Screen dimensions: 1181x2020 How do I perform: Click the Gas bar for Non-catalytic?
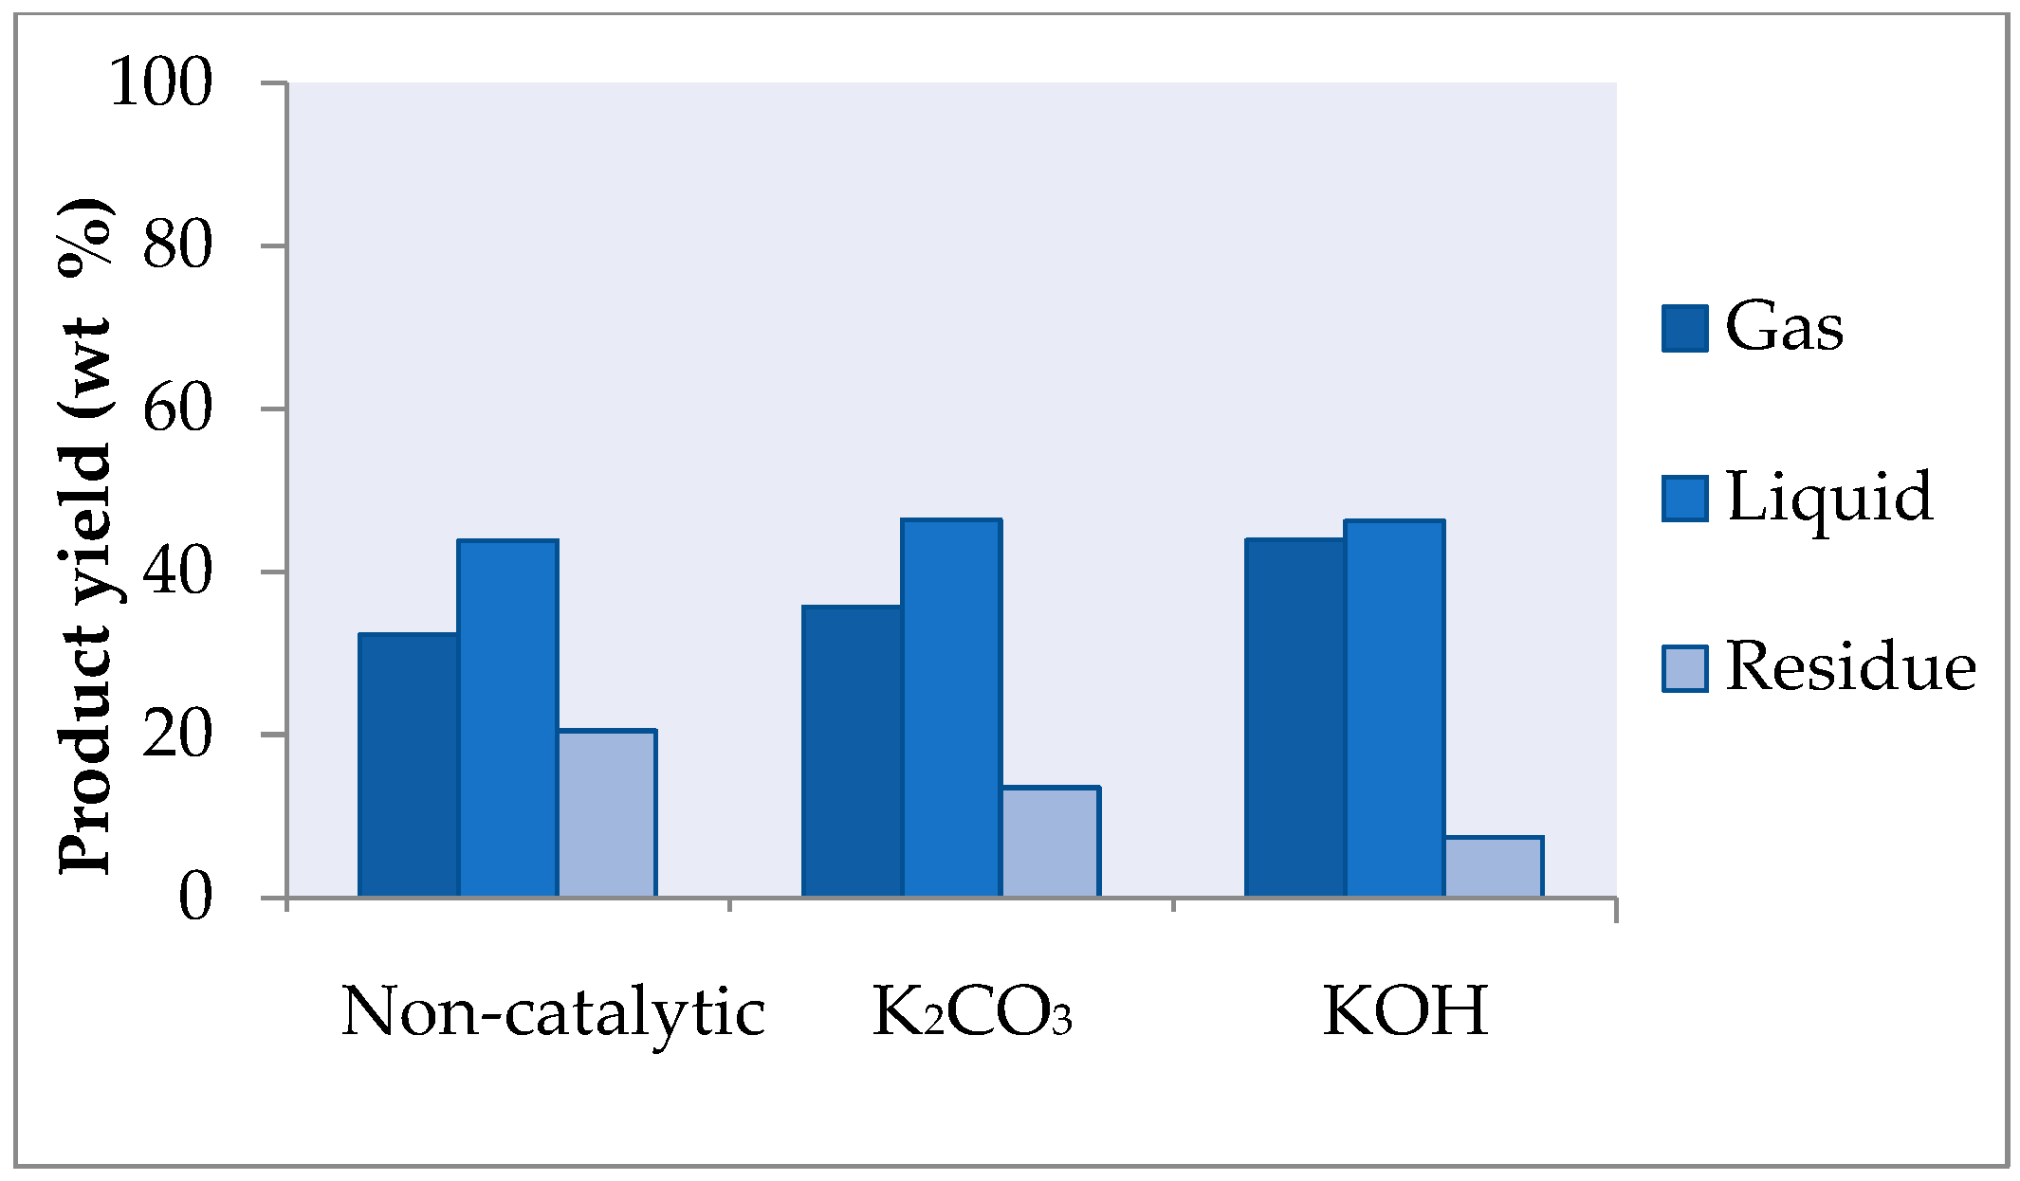pyautogui.click(x=409, y=765)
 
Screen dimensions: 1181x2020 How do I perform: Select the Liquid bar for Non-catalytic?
pyautogui.click(x=507, y=718)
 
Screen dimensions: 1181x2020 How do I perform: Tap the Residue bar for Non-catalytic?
pyautogui.click(x=607, y=813)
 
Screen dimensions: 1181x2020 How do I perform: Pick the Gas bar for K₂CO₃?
pyautogui.click(x=852, y=751)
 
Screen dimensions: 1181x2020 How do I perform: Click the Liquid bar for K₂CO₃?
pyautogui.click(x=951, y=708)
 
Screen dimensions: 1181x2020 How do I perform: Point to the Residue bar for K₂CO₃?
pyautogui.click(x=1051, y=842)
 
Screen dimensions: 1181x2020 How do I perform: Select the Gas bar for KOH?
pyautogui.click(x=1295, y=718)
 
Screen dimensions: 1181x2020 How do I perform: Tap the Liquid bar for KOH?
pyautogui.click(x=1395, y=709)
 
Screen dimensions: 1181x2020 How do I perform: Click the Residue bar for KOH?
pyautogui.click(x=1494, y=866)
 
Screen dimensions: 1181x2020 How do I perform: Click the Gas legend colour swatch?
pyautogui.click(x=1685, y=328)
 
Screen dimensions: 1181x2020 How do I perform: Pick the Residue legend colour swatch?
pyautogui.click(x=1685, y=668)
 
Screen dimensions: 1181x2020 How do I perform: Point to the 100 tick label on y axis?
pyautogui.click(x=160, y=82)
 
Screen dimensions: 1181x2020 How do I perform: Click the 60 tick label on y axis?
pyautogui.click(x=176, y=409)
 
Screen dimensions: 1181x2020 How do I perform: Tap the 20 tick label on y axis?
pyautogui.click(x=176, y=736)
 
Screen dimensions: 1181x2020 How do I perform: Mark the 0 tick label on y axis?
pyautogui.click(x=194, y=898)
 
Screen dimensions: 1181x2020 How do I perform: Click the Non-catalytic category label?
pyautogui.click(x=553, y=1013)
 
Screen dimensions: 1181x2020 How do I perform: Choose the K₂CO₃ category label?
pyautogui.click(x=972, y=1013)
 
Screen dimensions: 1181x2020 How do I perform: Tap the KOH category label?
pyautogui.click(x=1405, y=1011)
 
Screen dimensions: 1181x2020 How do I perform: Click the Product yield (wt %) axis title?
pyautogui.click(x=87, y=536)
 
